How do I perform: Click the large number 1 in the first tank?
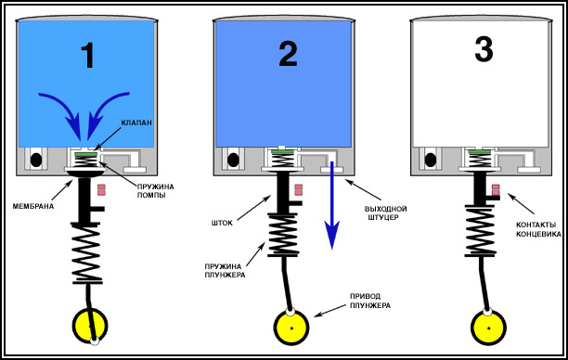click(88, 55)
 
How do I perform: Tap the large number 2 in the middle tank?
click(289, 54)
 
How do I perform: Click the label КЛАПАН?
click(136, 122)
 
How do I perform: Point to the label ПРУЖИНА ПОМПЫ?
click(155, 191)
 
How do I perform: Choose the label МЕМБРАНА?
click(33, 206)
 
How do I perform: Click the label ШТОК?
click(222, 223)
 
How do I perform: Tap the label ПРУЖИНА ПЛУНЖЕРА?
click(225, 271)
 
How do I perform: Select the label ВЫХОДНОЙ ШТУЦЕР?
click(385, 213)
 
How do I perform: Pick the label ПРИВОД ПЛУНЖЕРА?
click(370, 301)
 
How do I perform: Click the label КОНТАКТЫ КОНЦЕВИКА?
click(538, 229)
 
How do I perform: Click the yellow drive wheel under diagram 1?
click(90, 325)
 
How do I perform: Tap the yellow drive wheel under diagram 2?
click(291, 328)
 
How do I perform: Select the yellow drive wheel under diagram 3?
click(489, 328)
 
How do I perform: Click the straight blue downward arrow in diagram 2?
click(331, 206)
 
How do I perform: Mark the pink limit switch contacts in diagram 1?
click(101, 189)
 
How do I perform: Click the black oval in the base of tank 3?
click(431, 160)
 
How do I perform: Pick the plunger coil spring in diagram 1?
click(87, 253)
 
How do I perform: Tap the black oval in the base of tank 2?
click(233, 160)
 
